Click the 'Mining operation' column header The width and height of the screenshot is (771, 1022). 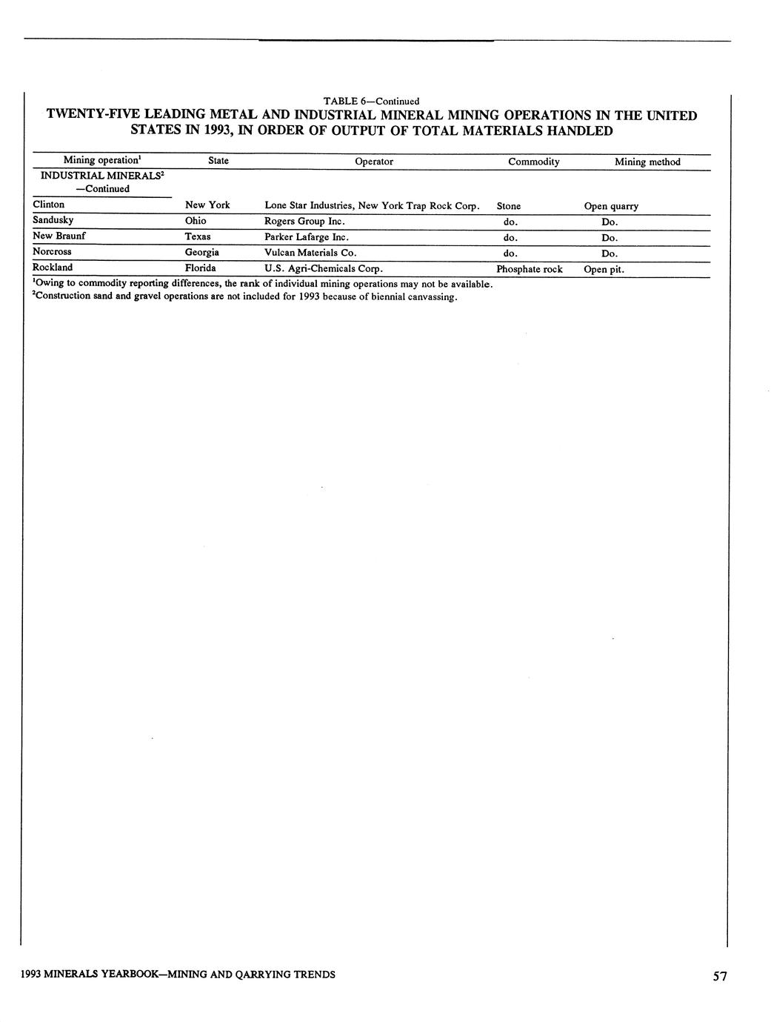point(101,160)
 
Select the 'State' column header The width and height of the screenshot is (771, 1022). point(218,161)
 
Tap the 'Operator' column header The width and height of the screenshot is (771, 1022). point(374,161)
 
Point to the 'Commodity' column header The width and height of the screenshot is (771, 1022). point(533,162)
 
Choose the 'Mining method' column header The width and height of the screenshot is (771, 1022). point(647,162)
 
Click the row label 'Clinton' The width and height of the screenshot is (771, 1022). point(49,205)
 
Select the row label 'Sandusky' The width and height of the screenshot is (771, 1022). point(53,220)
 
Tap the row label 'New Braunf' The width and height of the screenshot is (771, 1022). point(59,236)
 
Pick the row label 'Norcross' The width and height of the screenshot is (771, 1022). point(53,252)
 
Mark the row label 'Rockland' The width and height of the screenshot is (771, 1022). point(53,268)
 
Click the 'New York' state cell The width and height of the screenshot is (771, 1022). point(207,205)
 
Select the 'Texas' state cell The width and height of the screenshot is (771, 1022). point(198,236)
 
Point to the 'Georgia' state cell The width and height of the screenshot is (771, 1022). point(202,253)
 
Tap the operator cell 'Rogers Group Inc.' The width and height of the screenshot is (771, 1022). point(305,222)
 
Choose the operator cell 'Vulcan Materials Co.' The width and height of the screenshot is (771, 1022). point(310,253)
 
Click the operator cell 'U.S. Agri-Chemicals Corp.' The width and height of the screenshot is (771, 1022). point(324,268)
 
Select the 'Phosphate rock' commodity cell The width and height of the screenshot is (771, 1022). point(530,269)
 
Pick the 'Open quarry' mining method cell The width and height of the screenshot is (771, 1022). point(611,207)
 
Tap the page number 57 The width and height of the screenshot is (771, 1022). point(720,977)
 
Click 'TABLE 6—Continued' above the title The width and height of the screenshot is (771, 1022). point(371,101)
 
